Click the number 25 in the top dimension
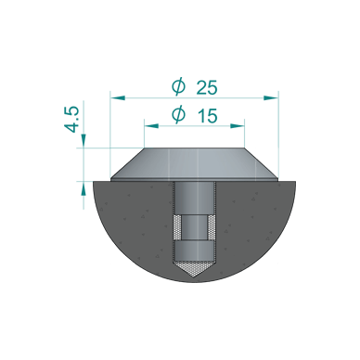[207, 88]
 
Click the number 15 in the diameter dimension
[207, 116]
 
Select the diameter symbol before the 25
[178, 88]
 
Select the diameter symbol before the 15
[178, 116]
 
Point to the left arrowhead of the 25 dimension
[115, 96]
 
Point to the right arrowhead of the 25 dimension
[273, 96]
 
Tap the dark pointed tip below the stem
[195, 271]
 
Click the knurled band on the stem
[195, 227]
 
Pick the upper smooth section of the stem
[195, 199]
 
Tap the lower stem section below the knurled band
[195, 250]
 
